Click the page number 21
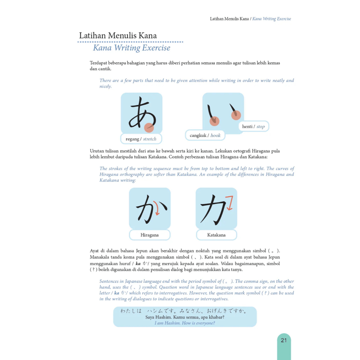tap(284, 340)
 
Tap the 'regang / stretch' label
tap(141, 139)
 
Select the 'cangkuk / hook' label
tap(205, 135)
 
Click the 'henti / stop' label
tap(253, 126)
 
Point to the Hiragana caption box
tap(150, 235)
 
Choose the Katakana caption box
tap(216, 235)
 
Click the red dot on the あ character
tap(149, 127)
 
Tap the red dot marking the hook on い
tap(214, 121)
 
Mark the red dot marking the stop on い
tap(236, 115)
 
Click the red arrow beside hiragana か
tap(157, 210)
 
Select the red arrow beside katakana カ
tap(230, 203)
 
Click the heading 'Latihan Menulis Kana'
tap(118, 36)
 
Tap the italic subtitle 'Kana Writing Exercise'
tap(131, 48)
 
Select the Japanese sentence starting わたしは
tap(184, 311)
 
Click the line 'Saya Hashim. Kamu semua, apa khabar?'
tap(185, 317)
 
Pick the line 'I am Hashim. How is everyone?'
tap(185, 323)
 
